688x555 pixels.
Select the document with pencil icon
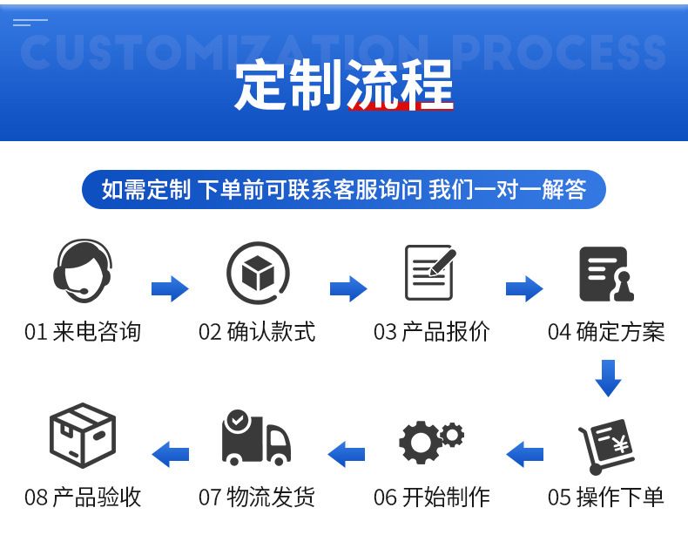click(430, 273)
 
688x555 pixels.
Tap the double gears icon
click(431, 440)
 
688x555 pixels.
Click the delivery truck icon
click(255, 438)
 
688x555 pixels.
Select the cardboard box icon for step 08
click(83, 438)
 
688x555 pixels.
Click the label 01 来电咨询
click(83, 332)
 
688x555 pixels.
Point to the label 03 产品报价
click(432, 332)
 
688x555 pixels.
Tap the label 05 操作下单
click(606, 497)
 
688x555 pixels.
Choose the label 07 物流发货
click(257, 497)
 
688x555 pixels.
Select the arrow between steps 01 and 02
click(170, 288)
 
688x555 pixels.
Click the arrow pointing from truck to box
click(171, 453)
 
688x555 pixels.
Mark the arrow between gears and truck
click(347, 453)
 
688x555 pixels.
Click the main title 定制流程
click(344, 86)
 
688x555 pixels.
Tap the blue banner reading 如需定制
click(344, 189)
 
